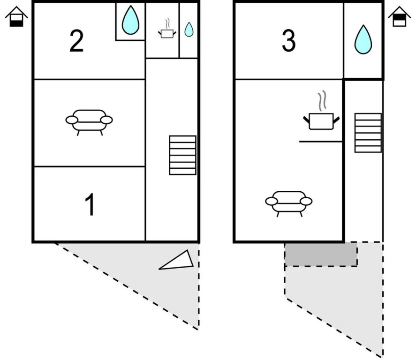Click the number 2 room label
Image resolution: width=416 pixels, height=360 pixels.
click(76, 41)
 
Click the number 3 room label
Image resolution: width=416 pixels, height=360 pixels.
click(288, 41)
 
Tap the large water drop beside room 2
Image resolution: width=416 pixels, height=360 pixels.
click(130, 21)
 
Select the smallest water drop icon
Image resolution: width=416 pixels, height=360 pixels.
click(189, 30)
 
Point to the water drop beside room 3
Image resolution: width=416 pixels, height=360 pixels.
click(363, 40)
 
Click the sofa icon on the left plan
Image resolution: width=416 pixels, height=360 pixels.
click(89, 122)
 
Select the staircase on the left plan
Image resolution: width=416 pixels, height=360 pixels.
click(182, 155)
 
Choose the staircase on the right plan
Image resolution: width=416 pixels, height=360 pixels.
click(368, 133)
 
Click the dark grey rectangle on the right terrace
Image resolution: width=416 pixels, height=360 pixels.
click(321, 255)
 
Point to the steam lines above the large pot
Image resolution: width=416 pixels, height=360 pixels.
click(322, 101)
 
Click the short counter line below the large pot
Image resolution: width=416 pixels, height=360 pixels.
click(321, 142)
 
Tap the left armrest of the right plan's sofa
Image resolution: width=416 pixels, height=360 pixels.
click(272, 201)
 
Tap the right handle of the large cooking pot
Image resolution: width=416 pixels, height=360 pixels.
click(336, 120)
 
